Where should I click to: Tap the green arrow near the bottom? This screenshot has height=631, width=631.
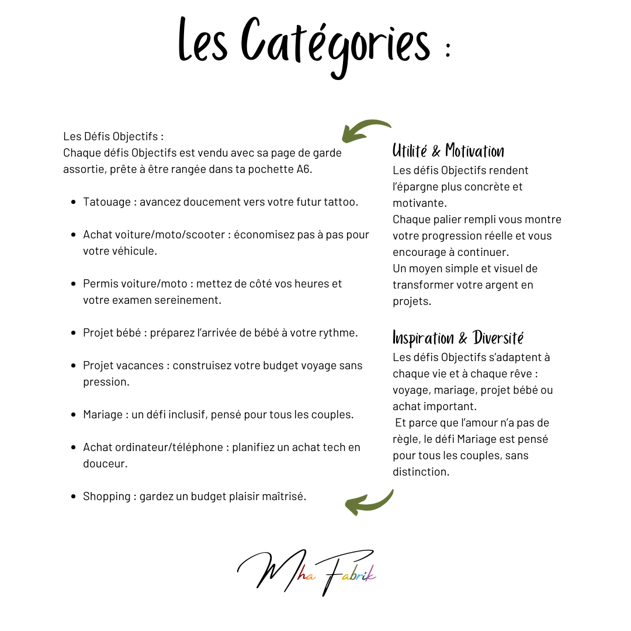point(369,502)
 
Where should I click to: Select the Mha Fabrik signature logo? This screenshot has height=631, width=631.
point(307,572)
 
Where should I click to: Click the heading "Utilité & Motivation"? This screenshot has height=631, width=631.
point(448,151)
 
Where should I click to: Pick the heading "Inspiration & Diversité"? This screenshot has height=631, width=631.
point(458,338)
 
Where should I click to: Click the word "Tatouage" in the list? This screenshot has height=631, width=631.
point(107,202)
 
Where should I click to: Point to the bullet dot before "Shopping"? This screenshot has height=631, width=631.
point(74,497)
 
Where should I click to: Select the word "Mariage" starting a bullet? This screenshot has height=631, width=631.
point(102,415)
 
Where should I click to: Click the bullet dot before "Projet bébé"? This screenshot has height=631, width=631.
point(74,333)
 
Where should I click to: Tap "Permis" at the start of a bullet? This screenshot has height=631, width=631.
point(100,284)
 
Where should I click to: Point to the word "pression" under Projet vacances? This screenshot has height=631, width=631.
point(105,382)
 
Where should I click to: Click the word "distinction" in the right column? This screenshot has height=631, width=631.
point(421,471)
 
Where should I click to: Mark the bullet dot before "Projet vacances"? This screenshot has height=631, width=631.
point(74,366)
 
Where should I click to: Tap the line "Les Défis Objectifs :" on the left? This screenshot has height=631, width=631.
point(113,136)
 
